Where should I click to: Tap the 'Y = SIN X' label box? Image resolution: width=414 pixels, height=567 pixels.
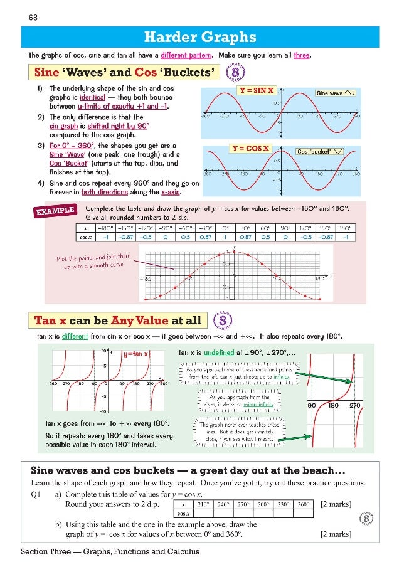(x=257, y=90)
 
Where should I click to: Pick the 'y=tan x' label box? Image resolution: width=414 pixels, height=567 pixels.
(x=135, y=354)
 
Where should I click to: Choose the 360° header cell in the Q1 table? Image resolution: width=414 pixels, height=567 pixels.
(x=303, y=504)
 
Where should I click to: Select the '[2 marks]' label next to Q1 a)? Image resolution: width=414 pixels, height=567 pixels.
(x=336, y=504)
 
